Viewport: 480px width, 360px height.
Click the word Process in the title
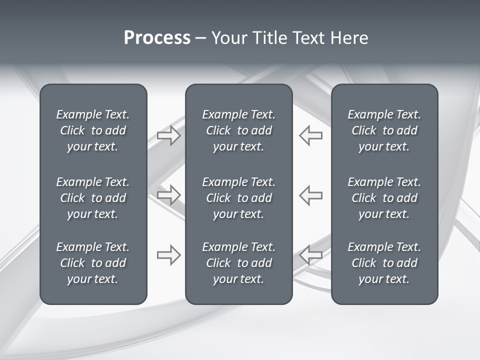click(x=157, y=38)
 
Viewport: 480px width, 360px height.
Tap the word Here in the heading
click(x=349, y=38)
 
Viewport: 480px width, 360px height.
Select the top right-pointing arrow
click(x=169, y=135)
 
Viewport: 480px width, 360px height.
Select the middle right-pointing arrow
click(x=169, y=194)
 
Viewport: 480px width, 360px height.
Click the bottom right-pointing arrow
click(x=169, y=255)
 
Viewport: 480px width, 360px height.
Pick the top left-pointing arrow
click(x=311, y=135)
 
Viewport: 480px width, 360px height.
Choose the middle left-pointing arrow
click(x=311, y=194)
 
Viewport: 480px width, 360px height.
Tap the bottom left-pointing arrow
click(x=311, y=255)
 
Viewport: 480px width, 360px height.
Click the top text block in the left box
click(x=93, y=130)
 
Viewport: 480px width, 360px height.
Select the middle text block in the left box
click(x=93, y=198)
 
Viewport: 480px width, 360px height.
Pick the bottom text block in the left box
click(x=93, y=263)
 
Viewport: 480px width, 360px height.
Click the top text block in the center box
click(x=239, y=130)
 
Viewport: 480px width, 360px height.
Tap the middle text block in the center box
click(x=239, y=198)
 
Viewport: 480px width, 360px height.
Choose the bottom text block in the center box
click(x=239, y=263)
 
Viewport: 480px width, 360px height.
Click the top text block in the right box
click(x=384, y=130)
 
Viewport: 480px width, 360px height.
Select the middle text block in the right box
click(x=384, y=198)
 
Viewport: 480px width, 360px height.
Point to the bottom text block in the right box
click(x=384, y=263)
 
